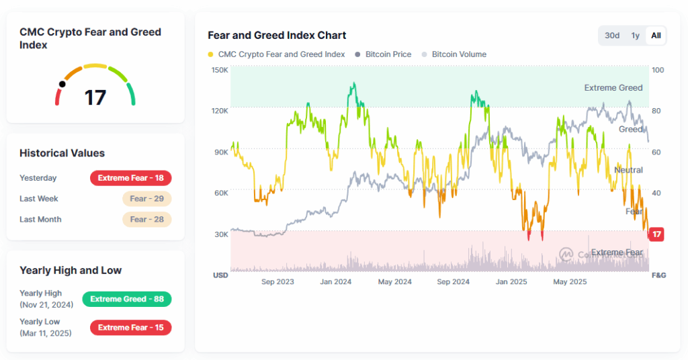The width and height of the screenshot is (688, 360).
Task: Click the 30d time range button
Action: [x=612, y=36]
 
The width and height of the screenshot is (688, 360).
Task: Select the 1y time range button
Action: [x=635, y=36]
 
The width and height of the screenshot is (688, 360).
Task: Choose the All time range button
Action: [x=656, y=36]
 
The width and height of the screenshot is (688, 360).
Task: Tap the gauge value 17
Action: [x=95, y=97]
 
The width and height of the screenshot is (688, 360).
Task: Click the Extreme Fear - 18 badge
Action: [x=131, y=178]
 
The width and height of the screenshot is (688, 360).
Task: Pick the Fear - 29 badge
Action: [x=147, y=199]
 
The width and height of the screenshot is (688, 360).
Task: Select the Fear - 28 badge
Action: [x=147, y=220]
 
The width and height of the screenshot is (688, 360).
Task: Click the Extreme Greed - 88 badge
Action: [x=127, y=299]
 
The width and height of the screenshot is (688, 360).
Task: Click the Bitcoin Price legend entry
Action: [x=388, y=54]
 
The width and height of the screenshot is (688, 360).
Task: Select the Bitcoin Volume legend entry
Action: [x=458, y=54]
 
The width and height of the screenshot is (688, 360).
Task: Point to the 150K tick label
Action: [x=220, y=70]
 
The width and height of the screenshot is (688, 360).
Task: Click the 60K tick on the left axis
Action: [x=221, y=193]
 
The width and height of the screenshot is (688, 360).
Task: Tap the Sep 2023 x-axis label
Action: [x=277, y=282]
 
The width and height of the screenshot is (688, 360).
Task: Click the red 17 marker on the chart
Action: [x=657, y=234]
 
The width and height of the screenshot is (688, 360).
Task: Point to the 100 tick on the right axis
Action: [x=657, y=70]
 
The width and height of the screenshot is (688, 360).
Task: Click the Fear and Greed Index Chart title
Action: [x=277, y=35]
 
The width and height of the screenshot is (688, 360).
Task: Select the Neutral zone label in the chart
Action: [x=628, y=170]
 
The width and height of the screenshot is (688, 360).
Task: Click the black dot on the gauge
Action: [x=62, y=85]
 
